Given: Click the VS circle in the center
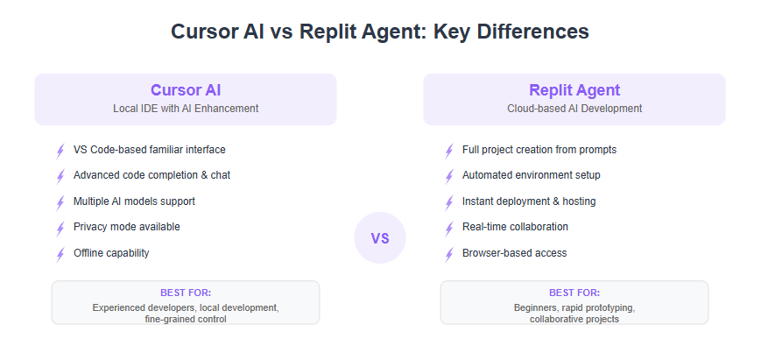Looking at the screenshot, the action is (380, 237).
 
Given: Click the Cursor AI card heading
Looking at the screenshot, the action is (186, 90).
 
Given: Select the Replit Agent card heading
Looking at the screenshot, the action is (574, 90).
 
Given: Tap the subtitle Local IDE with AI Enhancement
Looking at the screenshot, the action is (186, 109).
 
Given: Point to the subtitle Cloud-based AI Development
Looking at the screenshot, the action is (574, 109).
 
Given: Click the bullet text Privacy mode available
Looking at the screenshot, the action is (127, 227).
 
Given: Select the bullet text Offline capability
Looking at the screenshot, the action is (111, 253).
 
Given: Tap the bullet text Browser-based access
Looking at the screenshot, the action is (514, 253).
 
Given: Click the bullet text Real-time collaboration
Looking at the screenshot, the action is (515, 227).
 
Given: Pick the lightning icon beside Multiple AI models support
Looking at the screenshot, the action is (60, 202).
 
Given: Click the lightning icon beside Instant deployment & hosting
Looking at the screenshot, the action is (449, 202).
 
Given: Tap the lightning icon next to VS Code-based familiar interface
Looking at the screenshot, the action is (60, 151).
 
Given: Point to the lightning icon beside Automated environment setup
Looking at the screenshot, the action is (449, 177).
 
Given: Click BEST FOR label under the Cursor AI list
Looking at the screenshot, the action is (186, 293).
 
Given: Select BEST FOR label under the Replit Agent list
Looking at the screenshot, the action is (574, 293).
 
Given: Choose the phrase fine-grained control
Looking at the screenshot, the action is (186, 319).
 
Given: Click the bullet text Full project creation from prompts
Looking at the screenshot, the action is (539, 150).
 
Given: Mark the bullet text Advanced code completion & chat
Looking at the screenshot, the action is (151, 174).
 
